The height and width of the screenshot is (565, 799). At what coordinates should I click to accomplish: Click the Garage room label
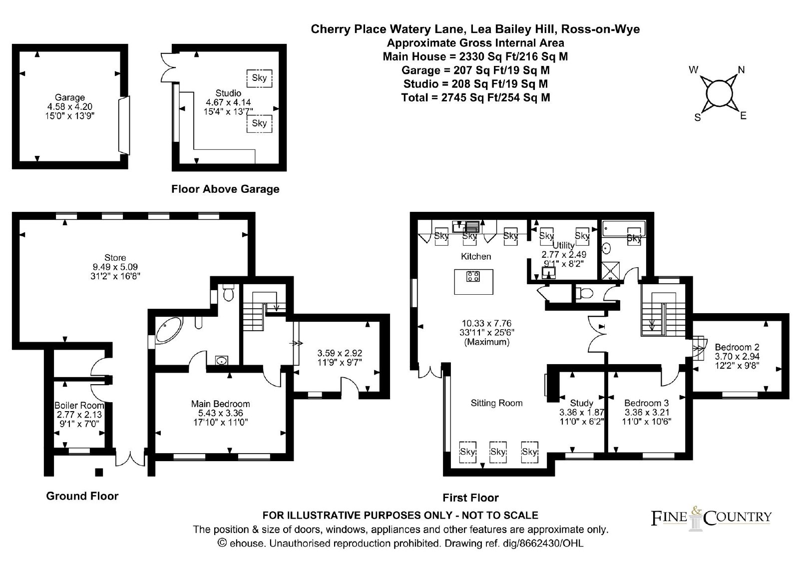69,97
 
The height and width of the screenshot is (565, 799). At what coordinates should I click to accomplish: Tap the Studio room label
228,93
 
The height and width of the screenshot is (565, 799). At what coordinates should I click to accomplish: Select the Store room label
115,258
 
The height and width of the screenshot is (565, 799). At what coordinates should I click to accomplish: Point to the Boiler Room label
79,406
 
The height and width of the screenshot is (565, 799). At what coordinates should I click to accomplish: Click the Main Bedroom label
220,404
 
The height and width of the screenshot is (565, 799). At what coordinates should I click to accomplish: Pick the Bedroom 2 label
737,347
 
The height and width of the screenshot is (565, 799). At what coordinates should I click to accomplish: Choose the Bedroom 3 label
646,403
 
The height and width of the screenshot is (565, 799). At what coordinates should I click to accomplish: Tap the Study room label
581,403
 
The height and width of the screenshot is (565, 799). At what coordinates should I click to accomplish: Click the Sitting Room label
496,403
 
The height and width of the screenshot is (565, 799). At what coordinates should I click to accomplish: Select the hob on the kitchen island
473,276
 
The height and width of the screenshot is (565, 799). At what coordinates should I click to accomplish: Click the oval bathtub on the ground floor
169,330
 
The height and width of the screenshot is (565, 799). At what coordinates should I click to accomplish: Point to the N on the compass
741,69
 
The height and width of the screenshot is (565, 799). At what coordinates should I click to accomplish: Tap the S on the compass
697,117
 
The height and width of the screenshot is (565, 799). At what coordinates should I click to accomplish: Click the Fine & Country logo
711,518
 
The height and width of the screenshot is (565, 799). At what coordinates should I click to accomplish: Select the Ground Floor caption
82,496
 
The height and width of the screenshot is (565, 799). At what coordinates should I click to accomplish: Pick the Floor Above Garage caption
225,189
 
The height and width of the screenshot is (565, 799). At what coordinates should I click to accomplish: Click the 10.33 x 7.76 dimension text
486,323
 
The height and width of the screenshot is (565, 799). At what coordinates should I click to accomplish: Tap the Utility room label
564,246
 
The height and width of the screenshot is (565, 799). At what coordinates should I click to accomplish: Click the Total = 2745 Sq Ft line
475,97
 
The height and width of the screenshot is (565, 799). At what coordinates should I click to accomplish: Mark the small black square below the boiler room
99,472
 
